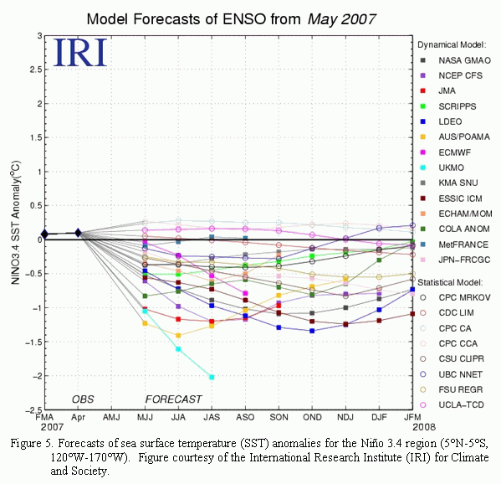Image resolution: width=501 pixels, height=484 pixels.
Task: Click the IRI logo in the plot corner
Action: pos(80,53)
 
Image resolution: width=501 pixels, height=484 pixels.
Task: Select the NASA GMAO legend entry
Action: pos(455,60)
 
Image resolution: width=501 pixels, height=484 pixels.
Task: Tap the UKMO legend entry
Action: pos(442,167)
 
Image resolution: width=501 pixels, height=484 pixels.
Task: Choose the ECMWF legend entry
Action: pos(445,152)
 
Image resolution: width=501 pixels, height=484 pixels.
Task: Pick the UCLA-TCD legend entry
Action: pos(452,405)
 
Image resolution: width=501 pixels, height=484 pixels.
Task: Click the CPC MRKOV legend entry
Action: pos(455,297)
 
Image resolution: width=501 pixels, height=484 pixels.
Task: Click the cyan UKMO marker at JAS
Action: pos(212,377)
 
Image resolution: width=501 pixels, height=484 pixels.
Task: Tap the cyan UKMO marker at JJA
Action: pos(178,349)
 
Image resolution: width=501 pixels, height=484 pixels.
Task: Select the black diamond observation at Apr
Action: pos(78,233)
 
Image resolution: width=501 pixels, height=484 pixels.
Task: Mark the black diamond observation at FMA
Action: pos(44,234)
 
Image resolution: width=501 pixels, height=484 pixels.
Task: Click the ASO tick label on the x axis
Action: pos(245,418)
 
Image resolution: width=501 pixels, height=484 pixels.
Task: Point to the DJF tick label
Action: pos(379,418)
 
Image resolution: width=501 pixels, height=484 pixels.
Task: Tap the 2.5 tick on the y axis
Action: pos(36,70)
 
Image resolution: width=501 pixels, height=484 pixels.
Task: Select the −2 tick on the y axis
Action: pos(37,376)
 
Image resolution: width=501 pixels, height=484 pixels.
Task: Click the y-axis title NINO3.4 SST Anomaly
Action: pos(15,223)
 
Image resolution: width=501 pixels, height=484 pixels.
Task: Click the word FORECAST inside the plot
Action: pos(173,399)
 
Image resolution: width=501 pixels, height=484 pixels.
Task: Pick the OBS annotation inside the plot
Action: pos(83,399)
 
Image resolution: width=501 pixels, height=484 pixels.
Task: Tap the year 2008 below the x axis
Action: pos(424,427)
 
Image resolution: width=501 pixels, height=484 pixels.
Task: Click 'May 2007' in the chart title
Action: pos(341,19)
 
